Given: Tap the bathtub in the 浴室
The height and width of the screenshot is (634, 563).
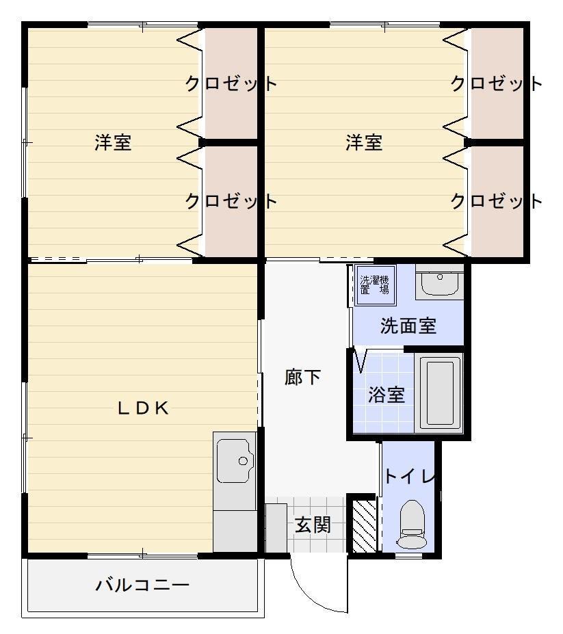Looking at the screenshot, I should pos(439,393).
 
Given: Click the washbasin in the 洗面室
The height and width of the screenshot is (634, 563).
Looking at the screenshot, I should pos(438,282).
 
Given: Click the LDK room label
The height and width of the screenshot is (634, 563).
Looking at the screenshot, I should pos(143,408).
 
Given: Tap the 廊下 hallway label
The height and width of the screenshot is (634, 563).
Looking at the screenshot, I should pos(302,377).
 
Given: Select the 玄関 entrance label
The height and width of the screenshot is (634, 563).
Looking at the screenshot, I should pos(313,525).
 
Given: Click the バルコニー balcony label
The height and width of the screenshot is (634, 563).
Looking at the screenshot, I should pos(142,585).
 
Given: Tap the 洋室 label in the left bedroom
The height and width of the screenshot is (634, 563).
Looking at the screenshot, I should pos(113,143).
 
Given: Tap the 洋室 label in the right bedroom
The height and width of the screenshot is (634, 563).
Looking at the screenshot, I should pos(363,143).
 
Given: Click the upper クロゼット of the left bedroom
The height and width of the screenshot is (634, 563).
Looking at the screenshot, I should pos(231,84).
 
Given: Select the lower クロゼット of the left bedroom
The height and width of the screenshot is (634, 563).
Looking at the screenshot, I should pos(231,201).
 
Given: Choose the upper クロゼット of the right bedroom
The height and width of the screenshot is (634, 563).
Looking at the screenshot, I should pos(496,84).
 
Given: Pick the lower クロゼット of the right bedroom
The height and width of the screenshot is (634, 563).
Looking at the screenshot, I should pos(496,201).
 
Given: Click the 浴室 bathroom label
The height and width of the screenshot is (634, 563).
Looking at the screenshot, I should pos(386,395).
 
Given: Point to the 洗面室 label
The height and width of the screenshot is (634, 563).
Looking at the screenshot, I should pos(408,326).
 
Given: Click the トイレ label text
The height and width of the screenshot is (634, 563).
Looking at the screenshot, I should pos(409,477).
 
